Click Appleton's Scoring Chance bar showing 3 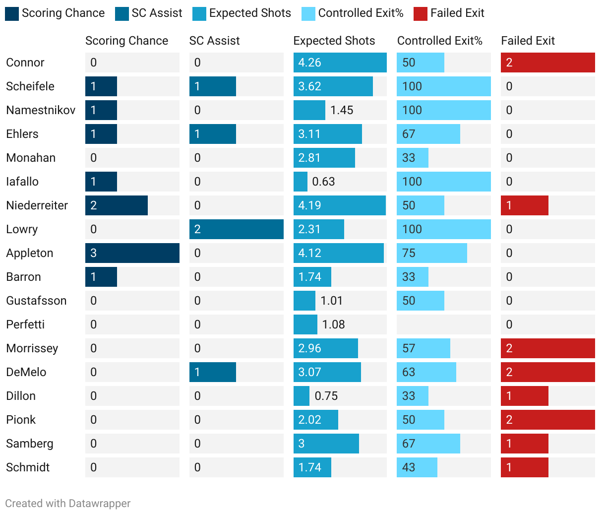point(132,253)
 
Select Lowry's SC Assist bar point(237,229)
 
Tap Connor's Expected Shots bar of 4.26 point(340,63)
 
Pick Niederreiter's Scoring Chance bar point(117,205)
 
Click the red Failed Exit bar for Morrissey point(548,348)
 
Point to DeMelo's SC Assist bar point(213,372)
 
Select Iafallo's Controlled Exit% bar point(444,182)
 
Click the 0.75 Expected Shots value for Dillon point(326,396)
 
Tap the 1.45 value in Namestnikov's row point(342,110)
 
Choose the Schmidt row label point(28,467)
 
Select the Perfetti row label point(25,324)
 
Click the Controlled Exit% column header point(440,41)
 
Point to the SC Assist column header point(214,41)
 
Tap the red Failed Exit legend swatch point(420,13)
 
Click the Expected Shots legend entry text point(250,13)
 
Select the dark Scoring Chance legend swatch point(12,13)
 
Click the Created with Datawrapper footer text point(68,504)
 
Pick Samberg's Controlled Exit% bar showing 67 point(428,444)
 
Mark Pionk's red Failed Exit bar point(548,420)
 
